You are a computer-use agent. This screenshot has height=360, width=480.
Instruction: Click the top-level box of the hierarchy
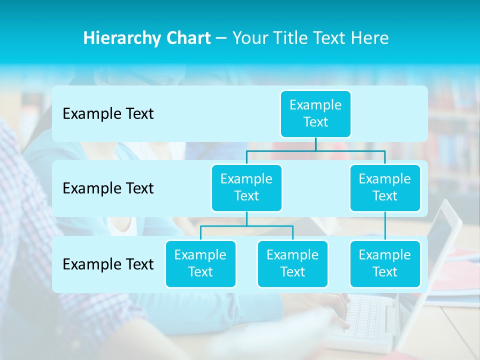[x=315, y=113]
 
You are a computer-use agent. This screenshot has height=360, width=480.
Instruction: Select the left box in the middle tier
[x=246, y=187]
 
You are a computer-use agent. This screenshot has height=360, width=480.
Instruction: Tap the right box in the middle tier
[x=385, y=187]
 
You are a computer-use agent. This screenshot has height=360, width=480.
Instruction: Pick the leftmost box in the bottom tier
[x=200, y=263]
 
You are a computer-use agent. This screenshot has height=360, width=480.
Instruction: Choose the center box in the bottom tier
[x=292, y=263]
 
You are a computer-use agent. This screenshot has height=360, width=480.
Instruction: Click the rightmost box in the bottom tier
[x=385, y=263]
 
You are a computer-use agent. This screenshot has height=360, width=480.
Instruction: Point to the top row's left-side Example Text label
[x=108, y=114]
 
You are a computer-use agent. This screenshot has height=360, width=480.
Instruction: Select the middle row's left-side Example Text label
[x=108, y=188]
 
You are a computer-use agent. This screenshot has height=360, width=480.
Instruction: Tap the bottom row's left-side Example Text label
[x=108, y=264]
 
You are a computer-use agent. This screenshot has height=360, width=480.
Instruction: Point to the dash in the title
[x=221, y=38]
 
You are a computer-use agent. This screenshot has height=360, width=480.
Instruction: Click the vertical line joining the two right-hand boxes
[x=385, y=226]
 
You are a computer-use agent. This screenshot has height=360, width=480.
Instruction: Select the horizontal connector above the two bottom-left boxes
[x=246, y=226]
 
